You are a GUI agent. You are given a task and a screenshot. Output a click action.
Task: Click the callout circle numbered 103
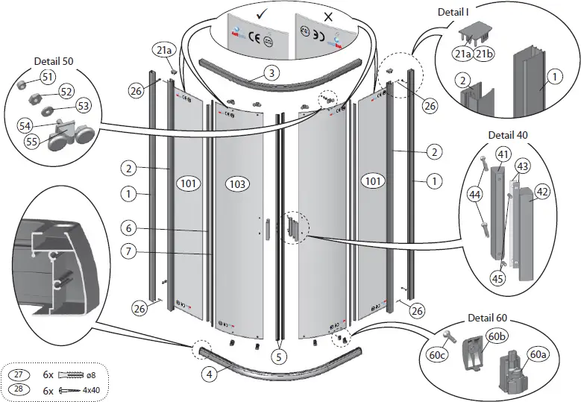click(x=237, y=183)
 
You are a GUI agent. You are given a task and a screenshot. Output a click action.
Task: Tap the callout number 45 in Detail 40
click(x=498, y=278)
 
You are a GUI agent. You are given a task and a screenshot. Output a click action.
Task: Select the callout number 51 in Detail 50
click(x=47, y=76)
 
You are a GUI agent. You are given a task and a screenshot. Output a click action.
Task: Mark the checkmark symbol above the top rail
click(x=262, y=14)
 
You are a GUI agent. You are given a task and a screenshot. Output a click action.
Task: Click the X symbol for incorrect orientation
click(x=327, y=15)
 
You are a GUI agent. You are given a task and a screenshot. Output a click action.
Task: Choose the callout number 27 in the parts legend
click(x=19, y=374)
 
